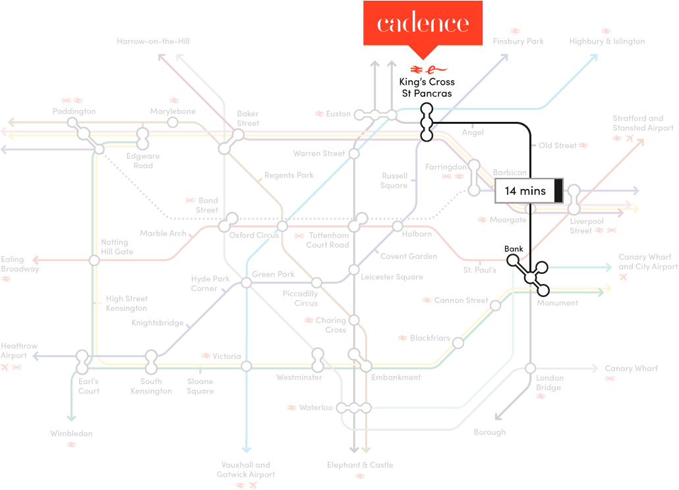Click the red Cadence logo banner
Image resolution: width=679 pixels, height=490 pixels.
[x=423, y=24]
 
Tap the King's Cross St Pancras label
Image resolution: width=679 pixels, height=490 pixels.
[x=427, y=88]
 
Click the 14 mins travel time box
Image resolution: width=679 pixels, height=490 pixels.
[x=529, y=191]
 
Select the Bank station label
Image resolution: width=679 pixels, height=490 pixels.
[x=514, y=249]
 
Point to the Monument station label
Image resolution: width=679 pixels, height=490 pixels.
[x=557, y=303]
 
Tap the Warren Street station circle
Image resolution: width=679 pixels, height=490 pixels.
[x=354, y=154]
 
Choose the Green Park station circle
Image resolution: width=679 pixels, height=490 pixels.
[x=247, y=283]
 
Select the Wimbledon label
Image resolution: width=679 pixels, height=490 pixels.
[x=71, y=433]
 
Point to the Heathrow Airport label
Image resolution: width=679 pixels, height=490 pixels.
[x=19, y=350]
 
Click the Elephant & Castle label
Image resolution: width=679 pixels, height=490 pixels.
[x=360, y=465]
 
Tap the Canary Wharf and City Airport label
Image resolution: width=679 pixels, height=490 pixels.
[x=647, y=261]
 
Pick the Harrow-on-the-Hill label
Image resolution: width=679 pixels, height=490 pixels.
[x=153, y=41]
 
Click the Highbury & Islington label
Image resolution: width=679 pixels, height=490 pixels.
[x=606, y=41]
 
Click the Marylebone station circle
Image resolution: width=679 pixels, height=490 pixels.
[x=173, y=122]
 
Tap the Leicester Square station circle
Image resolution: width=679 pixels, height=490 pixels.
[x=354, y=270]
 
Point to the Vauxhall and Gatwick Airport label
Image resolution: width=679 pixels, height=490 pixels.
[x=246, y=470]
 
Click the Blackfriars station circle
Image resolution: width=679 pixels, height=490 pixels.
[x=457, y=343]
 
